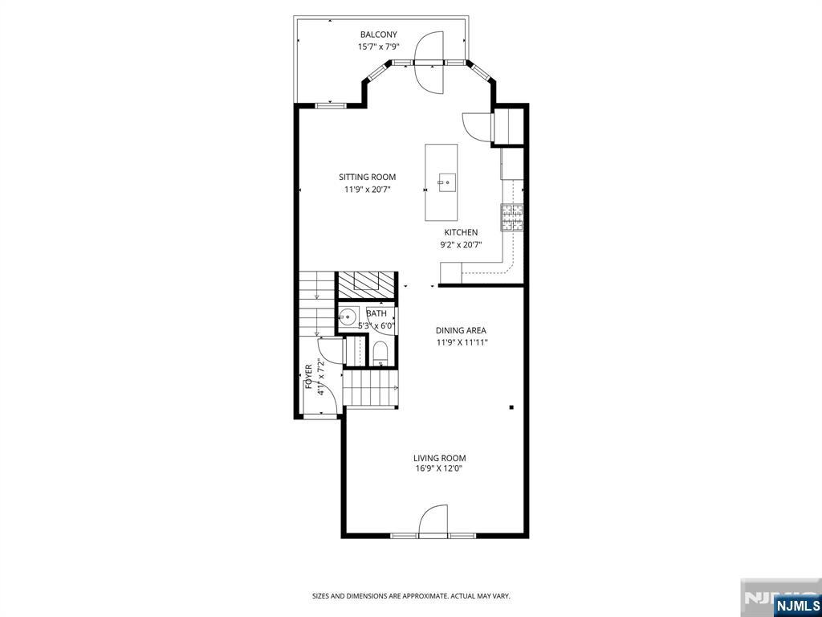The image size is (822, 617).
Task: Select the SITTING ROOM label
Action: coord(367,178)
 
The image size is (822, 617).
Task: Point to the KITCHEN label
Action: coord(461,232)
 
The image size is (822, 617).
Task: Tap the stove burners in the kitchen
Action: coord(512,218)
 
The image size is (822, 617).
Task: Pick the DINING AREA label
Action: coord(461,330)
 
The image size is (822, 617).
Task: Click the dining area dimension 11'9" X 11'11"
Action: coord(461,342)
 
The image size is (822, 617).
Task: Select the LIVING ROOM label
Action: coord(439,459)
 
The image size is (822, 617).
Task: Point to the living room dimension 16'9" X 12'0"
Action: coord(439,469)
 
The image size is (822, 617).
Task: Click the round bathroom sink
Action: coord(347,317)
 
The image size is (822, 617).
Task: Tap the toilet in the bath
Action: coord(379,353)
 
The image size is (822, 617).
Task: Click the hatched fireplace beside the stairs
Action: coord(365,285)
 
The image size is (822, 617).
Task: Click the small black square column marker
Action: coord(511,407)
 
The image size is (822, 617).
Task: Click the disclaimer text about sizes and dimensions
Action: coord(411,596)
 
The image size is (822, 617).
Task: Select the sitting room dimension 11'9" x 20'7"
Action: coord(367,190)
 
